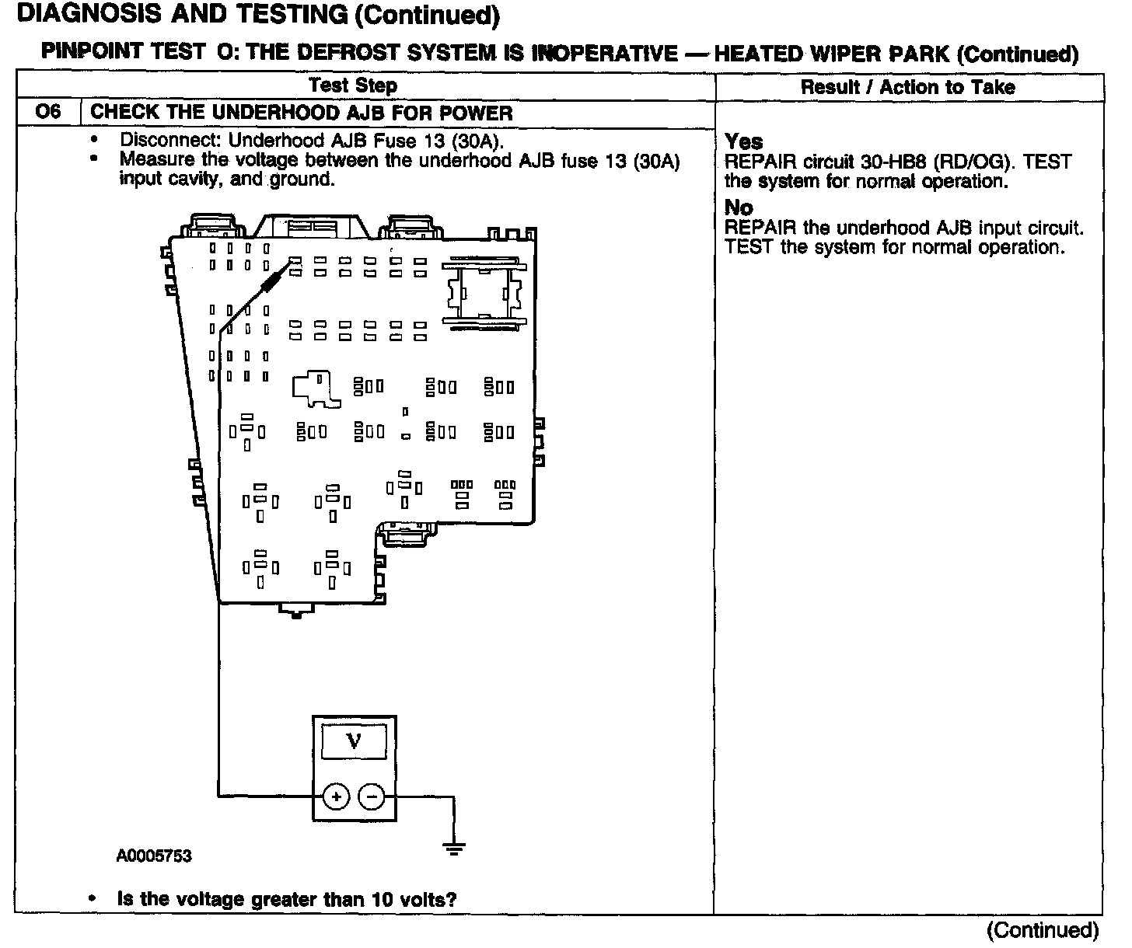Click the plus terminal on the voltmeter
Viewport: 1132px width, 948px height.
pyautogui.click(x=337, y=796)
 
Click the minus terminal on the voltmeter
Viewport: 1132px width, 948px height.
pyautogui.click(x=372, y=796)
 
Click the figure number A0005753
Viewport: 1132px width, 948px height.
pyautogui.click(x=154, y=856)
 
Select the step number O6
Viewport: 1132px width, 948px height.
pyautogui.click(x=47, y=112)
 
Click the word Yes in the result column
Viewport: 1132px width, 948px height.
pyautogui.click(x=743, y=142)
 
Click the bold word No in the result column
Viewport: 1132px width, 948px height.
pyautogui.click(x=739, y=207)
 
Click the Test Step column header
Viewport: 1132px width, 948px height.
pyautogui.click(x=353, y=85)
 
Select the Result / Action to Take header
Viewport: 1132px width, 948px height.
pyautogui.click(x=907, y=87)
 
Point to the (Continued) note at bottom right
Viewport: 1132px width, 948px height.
pyautogui.click(x=1042, y=930)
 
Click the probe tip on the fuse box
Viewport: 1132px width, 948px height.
pyautogui.click(x=294, y=263)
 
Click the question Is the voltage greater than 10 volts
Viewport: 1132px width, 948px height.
pyautogui.click(x=286, y=900)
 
